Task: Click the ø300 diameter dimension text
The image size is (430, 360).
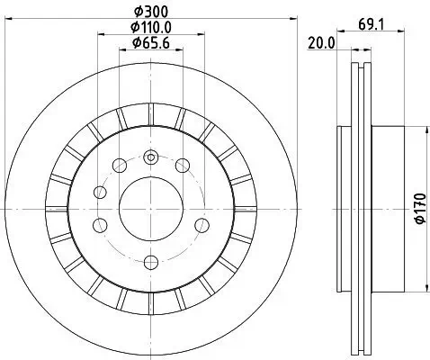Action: [x=151, y=13]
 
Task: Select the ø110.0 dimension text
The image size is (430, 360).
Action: [x=151, y=27]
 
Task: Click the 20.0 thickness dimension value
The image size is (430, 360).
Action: [x=321, y=42]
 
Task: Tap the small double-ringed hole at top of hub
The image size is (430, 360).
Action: [x=151, y=158]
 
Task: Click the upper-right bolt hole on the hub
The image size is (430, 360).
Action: [x=183, y=165]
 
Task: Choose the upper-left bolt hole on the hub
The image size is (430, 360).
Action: [x=117, y=165]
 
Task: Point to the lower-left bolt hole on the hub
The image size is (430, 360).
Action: [x=102, y=224]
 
